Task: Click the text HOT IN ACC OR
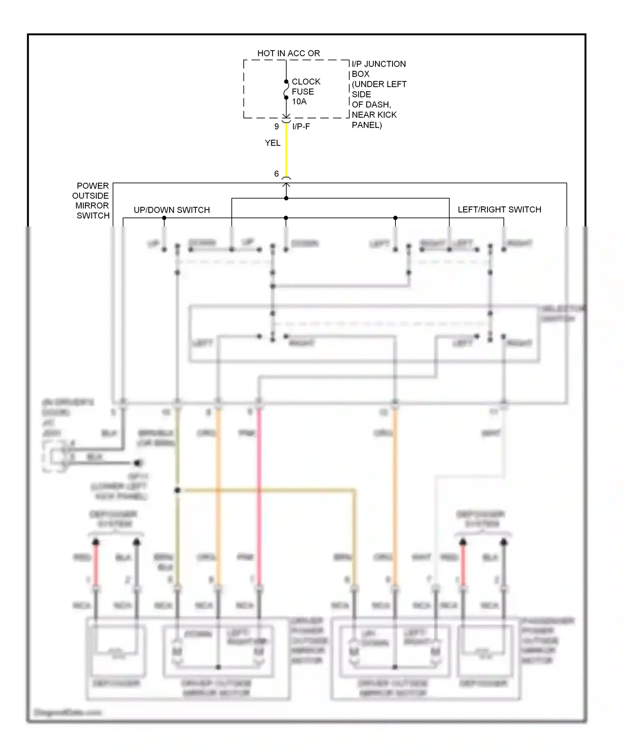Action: point(288,53)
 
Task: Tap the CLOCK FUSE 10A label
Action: point(305,91)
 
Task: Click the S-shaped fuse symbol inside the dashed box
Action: point(286,90)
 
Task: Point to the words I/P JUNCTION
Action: point(378,64)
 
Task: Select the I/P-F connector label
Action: point(301,126)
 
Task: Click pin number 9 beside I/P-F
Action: point(276,126)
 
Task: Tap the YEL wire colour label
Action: point(272,143)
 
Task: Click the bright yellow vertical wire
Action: point(286,150)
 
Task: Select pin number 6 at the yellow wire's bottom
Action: point(276,173)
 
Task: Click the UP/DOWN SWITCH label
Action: point(172,210)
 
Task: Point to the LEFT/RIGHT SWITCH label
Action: point(499,209)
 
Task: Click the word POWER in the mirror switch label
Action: point(92,186)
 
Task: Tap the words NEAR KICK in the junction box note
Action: point(374,115)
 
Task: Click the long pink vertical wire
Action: point(259,500)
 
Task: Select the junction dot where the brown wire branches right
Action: point(177,490)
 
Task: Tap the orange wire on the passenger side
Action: point(395,500)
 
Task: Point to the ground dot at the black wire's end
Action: point(138,463)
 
